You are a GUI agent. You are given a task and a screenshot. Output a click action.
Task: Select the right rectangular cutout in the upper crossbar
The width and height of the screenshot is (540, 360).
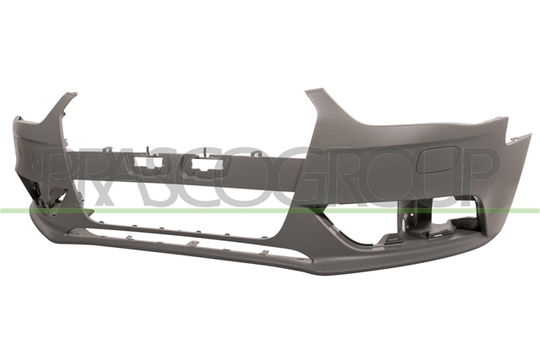point(204,164)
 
